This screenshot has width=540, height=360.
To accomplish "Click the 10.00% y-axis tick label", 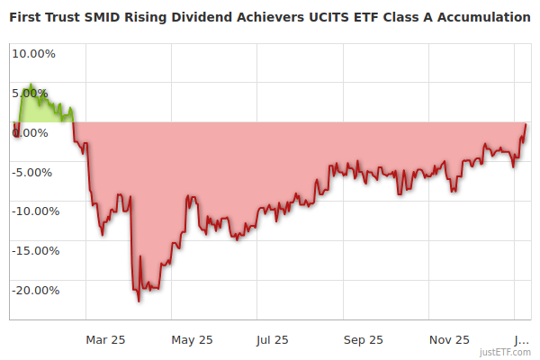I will pyautogui.click(x=32, y=53).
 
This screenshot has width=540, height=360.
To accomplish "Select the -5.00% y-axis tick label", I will pyautogui.click(x=33, y=172).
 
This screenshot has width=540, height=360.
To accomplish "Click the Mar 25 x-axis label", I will pyautogui.click(x=105, y=339).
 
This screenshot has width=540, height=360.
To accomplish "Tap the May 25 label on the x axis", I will pyautogui.click(x=192, y=339).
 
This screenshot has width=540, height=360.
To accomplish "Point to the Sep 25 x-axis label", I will pyautogui.click(x=363, y=339).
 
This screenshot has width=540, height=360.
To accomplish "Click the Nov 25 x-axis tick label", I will pyautogui.click(x=449, y=339).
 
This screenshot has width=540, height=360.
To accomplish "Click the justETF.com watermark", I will pyautogui.click(x=505, y=352).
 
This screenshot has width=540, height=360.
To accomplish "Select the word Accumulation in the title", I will pyautogui.click(x=481, y=17).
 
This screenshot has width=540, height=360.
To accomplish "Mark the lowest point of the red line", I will pyautogui.click(x=139, y=301).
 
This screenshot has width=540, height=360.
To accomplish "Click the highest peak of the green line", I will pyautogui.click(x=31, y=85).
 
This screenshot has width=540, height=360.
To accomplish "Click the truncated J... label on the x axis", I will pyautogui.click(x=519, y=339).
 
